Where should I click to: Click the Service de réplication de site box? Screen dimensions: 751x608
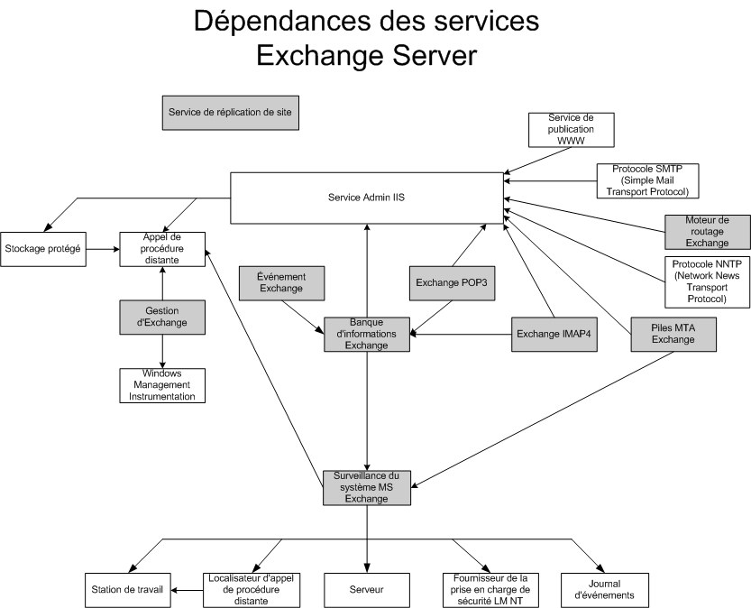(x=231, y=113)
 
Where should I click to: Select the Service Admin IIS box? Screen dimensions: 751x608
(x=367, y=198)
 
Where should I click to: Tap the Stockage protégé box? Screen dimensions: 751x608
(x=43, y=249)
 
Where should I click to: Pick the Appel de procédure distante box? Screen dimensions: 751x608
(x=162, y=249)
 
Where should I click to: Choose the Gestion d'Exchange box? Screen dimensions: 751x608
(x=162, y=318)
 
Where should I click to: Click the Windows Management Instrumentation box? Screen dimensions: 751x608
(x=162, y=385)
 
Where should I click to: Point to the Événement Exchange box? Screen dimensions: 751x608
(x=281, y=283)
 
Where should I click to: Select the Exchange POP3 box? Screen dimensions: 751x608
(x=452, y=283)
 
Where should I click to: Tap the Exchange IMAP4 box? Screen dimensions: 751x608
(x=554, y=335)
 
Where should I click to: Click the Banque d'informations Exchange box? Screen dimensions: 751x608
(x=367, y=335)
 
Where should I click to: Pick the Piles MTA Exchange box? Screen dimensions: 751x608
(x=673, y=335)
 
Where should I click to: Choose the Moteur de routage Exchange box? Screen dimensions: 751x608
(x=708, y=232)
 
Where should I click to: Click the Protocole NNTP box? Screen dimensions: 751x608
(x=708, y=282)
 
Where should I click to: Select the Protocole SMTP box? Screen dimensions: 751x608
(x=647, y=180)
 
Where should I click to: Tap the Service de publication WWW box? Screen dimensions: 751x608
(x=572, y=130)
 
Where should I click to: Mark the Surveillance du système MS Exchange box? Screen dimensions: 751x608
(x=367, y=488)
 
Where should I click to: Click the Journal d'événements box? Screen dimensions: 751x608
(x=604, y=590)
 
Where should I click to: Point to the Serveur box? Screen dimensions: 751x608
(x=367, y=590)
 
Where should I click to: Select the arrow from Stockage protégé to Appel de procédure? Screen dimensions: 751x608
(x=103, y=249)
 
